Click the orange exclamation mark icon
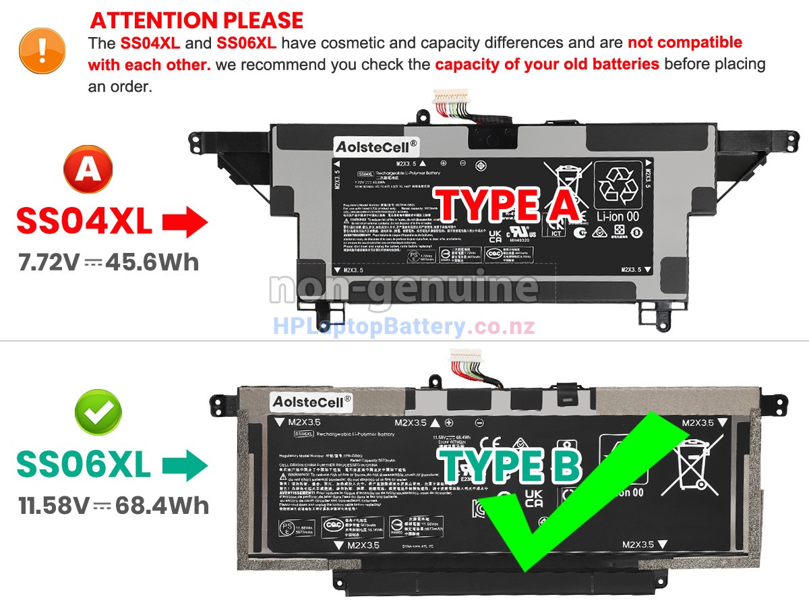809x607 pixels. (42, 51)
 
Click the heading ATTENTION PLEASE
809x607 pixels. (197, 20)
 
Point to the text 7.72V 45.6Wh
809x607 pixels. (109, 262)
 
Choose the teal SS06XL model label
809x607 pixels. (84, 465)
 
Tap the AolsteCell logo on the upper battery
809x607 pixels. (376, 145)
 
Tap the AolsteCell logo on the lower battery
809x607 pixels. (311, 401)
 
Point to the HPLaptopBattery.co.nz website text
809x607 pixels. (404, 327)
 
